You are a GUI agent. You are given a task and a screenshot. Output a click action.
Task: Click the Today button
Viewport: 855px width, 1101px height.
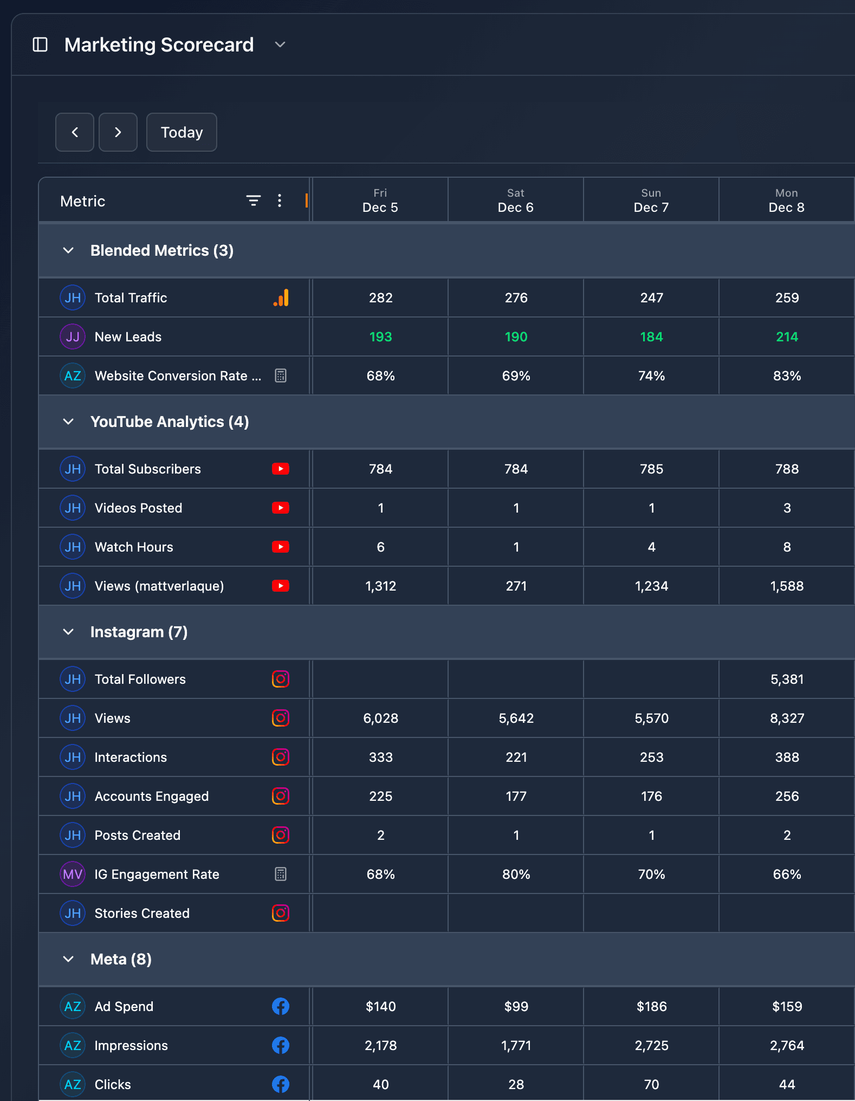[x=182, y=132]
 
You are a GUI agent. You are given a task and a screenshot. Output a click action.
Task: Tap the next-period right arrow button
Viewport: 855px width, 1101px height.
[x=118, y=132]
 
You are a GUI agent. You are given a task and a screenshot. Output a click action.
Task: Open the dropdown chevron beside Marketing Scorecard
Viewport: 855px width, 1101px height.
[x=280, y=44]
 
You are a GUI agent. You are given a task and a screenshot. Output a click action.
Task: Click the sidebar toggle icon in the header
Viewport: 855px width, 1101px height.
[x=40, y=44]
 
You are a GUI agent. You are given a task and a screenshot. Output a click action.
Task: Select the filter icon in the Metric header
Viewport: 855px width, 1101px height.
[x=253, y=200]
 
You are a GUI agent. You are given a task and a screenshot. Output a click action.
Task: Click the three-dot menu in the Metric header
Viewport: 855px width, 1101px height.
[x=280, y=200]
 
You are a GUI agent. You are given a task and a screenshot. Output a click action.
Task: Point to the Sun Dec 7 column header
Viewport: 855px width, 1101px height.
[x=651, y=200]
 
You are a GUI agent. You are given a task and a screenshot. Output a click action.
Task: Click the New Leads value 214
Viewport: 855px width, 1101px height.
[x=786, y=336]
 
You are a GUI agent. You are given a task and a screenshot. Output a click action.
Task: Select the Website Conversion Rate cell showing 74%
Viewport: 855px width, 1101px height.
[x=651, y=375]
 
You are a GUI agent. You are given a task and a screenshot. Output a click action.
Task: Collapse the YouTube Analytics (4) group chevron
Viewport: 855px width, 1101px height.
[x=68, y=422]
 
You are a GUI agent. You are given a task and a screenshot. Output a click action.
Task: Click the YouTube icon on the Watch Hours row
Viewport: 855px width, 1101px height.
[x=280, y=547]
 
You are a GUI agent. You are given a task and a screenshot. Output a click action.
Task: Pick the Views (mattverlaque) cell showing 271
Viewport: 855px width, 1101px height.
[x=515, y=586]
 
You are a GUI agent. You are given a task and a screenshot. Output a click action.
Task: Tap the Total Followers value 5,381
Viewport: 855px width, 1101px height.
[x=786, y=679]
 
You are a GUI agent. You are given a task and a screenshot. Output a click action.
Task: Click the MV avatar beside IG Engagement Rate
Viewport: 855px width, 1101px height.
[x=73, y=874]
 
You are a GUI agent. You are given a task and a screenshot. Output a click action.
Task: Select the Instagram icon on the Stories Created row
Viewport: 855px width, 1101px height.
[x=280, y=913]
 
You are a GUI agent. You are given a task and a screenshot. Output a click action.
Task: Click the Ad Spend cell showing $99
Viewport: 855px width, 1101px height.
[x=515, y=1006]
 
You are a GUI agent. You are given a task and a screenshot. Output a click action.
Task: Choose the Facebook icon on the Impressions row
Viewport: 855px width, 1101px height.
[x=280, y=1045]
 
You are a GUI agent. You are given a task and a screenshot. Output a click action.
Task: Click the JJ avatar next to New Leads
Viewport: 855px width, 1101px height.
[x=73, y=336]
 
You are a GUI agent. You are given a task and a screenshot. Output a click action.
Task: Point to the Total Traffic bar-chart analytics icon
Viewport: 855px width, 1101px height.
[x=281, y=297]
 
